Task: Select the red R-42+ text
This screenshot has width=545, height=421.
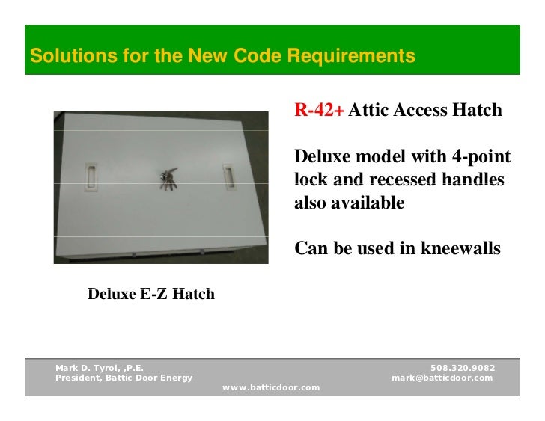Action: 319,111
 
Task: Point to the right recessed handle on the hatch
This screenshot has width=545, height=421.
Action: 228,176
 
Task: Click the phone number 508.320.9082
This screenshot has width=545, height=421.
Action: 463,368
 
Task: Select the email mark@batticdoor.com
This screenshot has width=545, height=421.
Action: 442,378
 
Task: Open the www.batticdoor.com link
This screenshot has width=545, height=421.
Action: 272,387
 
